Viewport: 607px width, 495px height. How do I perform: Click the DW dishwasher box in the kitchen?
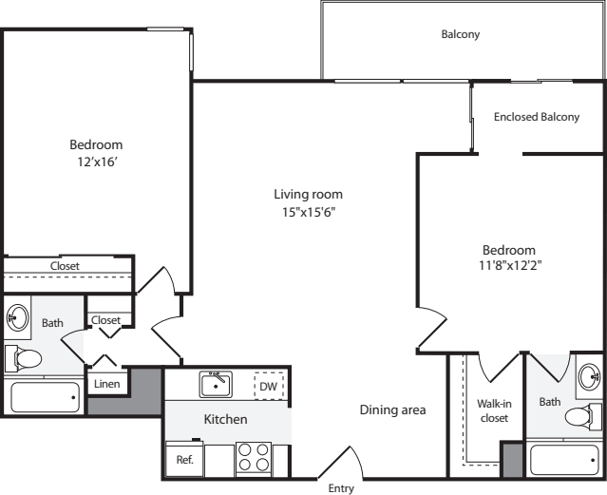coord(269,386)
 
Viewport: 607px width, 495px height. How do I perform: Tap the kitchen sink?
coord(216,384)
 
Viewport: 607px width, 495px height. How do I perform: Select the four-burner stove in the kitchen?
coord(254,459)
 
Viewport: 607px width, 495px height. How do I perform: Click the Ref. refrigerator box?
coord(184,459)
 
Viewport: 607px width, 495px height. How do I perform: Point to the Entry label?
coord(341,488)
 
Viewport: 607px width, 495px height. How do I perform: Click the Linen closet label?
coord(106,384)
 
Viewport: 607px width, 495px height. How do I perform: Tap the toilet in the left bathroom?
coord(23,358)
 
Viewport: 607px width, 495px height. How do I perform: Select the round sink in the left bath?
coord(18,317)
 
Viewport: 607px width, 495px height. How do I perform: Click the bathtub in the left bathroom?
coord(46,397)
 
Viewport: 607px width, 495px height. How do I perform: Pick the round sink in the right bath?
coord(590,375)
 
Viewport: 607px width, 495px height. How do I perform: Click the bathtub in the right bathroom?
coord(564,460)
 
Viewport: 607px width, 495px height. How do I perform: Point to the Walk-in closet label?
coord(494,411)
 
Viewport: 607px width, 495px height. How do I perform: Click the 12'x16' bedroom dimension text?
coord(97,162)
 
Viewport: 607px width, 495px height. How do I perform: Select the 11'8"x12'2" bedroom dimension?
coord(510,265)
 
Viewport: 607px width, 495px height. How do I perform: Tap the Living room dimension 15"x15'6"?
coord(309,212)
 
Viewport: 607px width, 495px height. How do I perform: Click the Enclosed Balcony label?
coord(537,117)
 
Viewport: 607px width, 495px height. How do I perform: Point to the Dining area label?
coord(392,409)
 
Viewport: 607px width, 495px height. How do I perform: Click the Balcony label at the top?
coord(461,34)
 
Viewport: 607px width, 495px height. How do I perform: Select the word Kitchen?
coord(226,419)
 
